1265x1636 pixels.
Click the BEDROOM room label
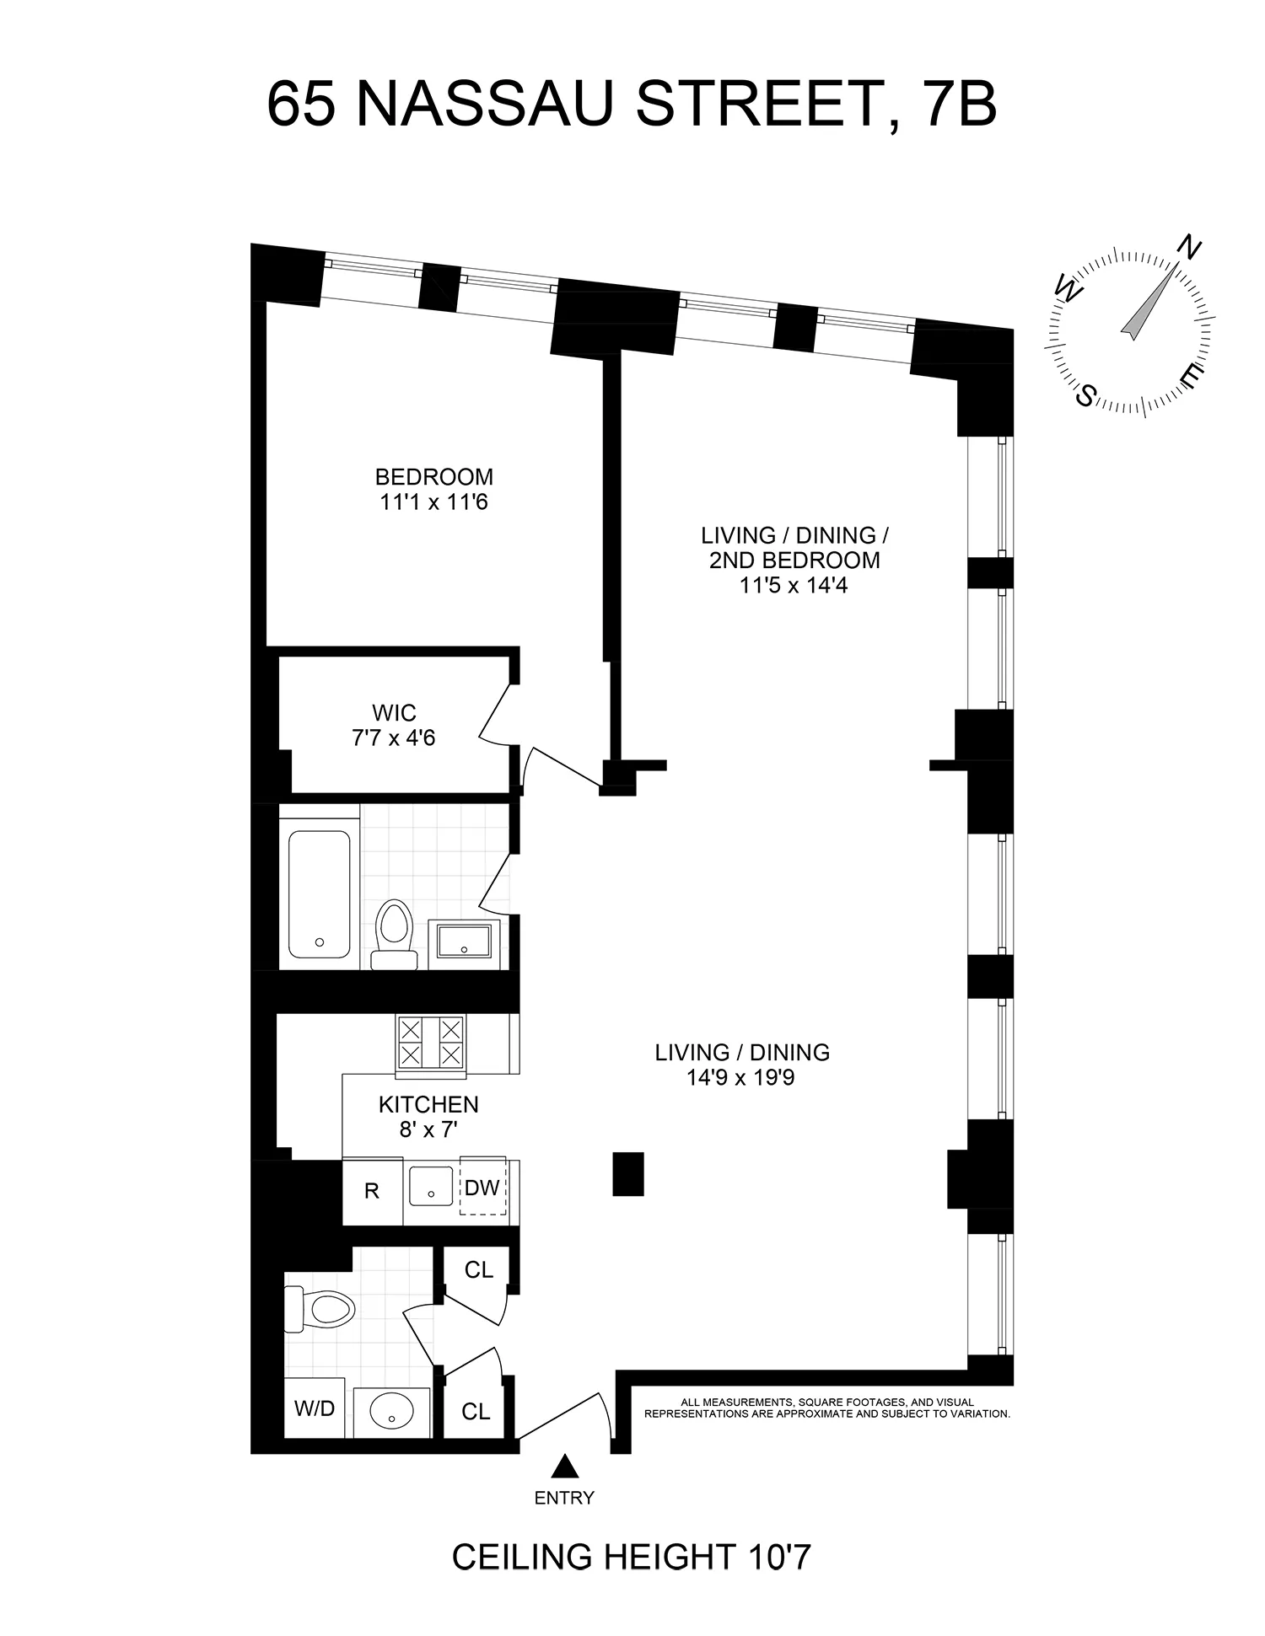coord(433,477)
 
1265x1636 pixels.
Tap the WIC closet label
coord(394,713)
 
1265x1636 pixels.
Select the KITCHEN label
coord(428,1104)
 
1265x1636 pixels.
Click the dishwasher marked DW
coord(482,1188)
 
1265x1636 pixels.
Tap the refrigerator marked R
coord(371,1191)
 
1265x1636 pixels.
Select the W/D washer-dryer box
coord(315,1408)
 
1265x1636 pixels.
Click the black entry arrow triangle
coord(564,1467)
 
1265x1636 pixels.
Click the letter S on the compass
coord(1087,394)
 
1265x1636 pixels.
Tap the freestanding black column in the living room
coord(628,1173)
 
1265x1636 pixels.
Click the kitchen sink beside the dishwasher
coord(431,1187)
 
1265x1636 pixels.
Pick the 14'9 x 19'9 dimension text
coord(740,1078)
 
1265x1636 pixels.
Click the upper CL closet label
coord(479,1269)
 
